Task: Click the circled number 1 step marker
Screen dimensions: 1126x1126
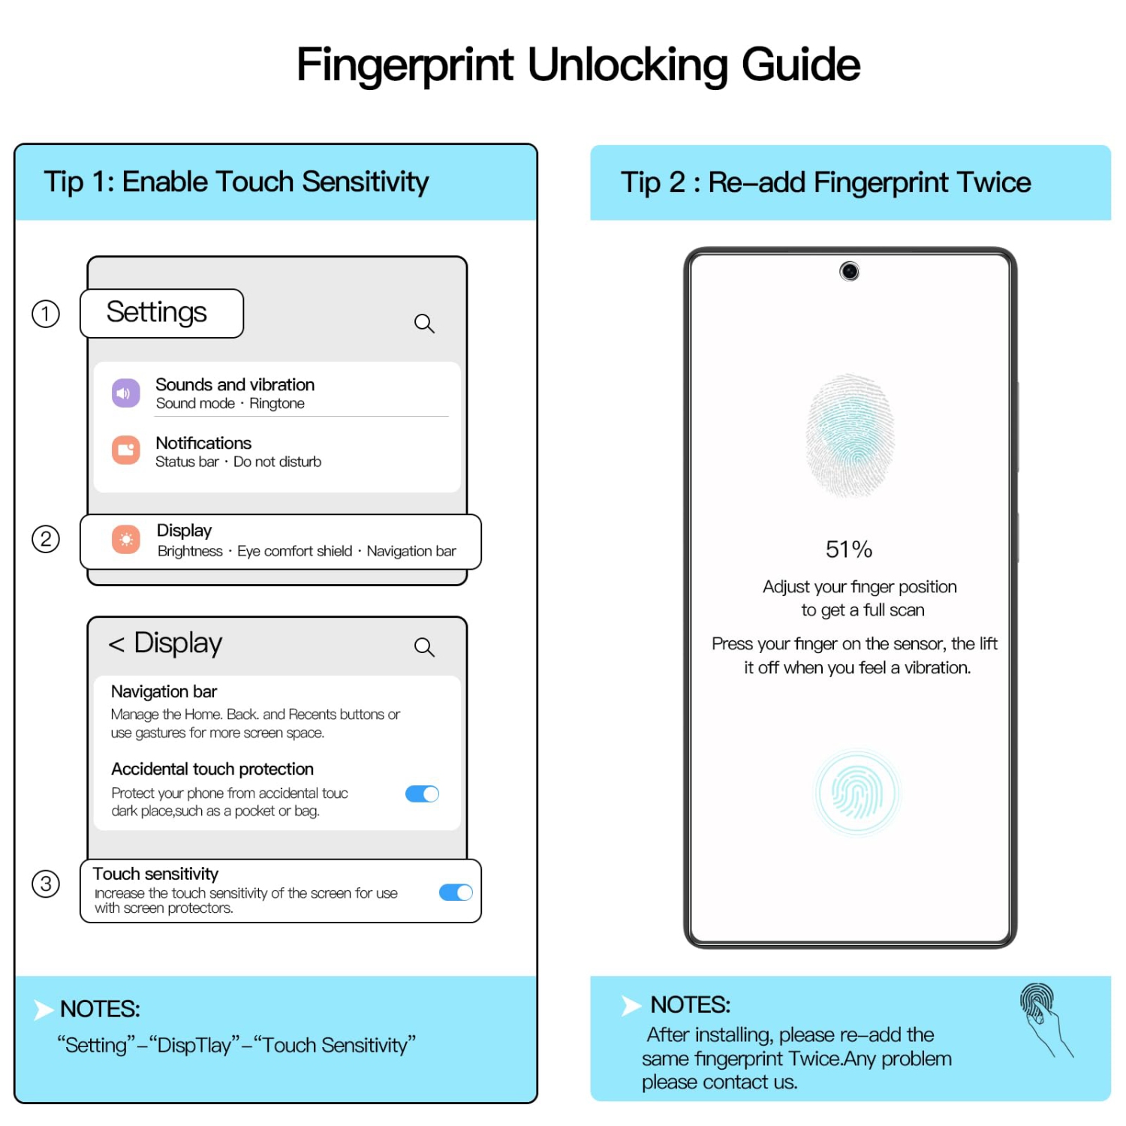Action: click(46, 314)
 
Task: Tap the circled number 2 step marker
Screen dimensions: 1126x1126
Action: click(46, 539)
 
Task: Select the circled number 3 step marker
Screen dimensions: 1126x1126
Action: click(46, 884)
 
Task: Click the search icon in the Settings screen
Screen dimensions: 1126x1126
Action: click(425, 324)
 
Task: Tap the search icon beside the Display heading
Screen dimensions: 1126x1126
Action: click(425, 647)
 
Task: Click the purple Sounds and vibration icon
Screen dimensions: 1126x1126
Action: click(126, 393)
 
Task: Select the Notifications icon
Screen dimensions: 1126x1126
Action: click(126, 450)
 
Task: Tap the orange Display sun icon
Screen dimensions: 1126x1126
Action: click(126, 539)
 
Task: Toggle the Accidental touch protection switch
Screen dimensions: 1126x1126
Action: click(422, 793)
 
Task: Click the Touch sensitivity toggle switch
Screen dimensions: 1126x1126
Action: click(456, 892)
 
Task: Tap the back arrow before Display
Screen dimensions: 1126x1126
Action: click(116, 644)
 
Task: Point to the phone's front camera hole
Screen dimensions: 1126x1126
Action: click(849, 271)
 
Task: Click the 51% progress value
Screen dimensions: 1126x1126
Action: click(849, 549)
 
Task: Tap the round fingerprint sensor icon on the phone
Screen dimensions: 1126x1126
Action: click(857, 793)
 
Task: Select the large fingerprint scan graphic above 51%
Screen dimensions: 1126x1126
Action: click(850, 435)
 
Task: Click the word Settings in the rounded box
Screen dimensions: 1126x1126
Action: click(156, 312)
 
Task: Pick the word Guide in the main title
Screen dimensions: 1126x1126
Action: click(801, 65)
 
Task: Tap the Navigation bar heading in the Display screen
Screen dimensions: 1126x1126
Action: click(164, 691)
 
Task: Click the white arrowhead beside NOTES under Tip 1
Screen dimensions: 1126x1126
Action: click(44, 1010)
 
